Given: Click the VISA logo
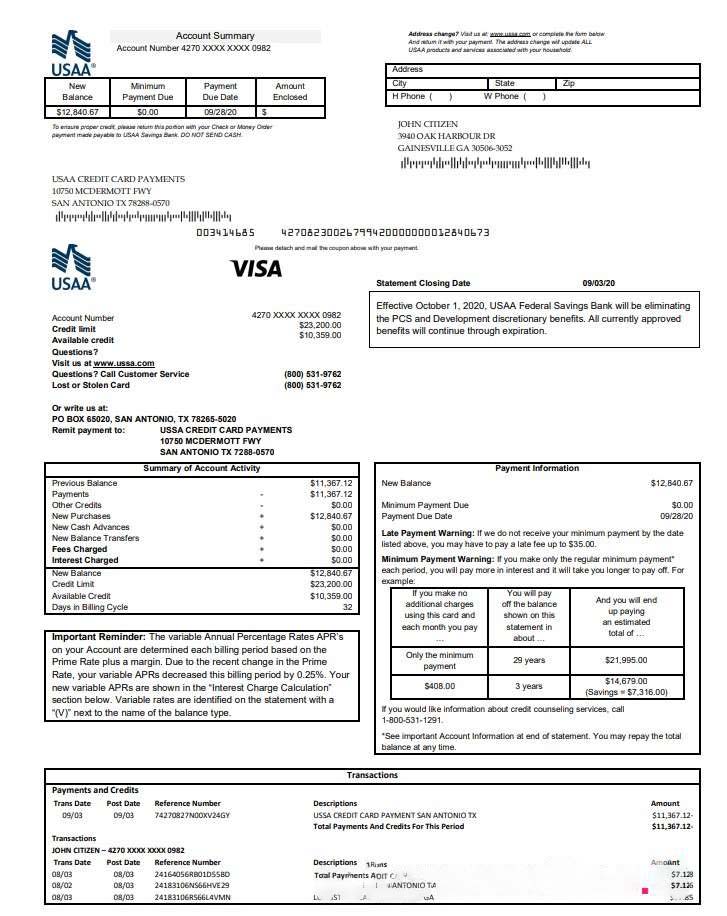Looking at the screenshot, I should tap(256, 268).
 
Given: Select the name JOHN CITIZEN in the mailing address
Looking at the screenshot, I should tap(428, 124).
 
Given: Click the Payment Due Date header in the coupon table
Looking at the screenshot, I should tap(220, 92).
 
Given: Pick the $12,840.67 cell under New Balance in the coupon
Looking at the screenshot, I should tap(77, 113).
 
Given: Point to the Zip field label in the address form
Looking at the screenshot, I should tap(569, 84).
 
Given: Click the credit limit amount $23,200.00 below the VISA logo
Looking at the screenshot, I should tap(320, 325).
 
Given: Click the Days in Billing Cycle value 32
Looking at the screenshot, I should tap(347, 607).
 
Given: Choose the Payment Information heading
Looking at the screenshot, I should tap(537, 468).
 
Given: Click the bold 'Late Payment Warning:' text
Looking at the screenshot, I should tap(428, 533).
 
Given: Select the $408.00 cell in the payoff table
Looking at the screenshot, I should tap(440, 686).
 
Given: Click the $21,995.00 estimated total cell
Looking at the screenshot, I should tap(626, 660).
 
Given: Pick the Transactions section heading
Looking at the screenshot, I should tap(372, 775).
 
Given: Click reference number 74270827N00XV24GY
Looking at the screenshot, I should tap(192, 815).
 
